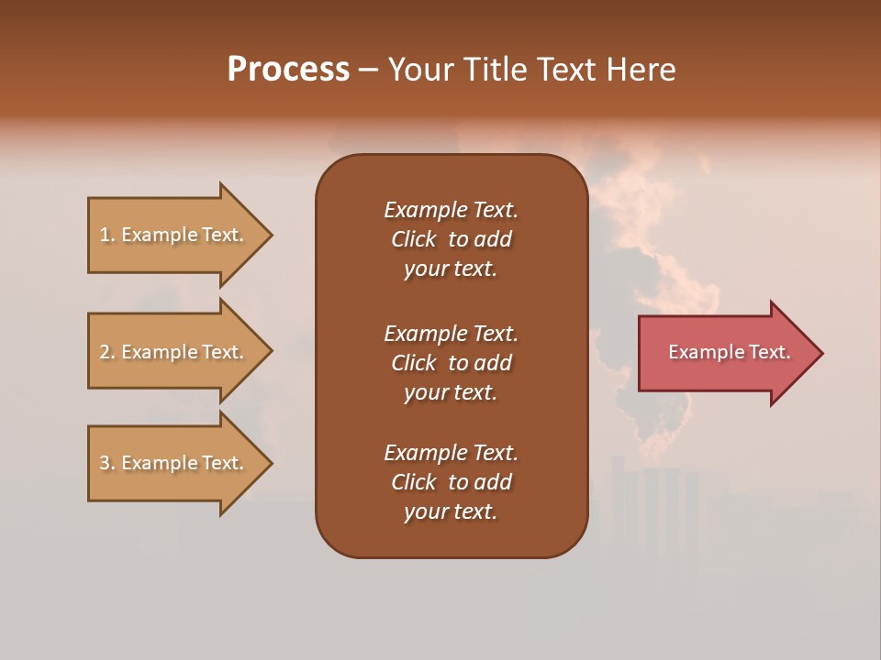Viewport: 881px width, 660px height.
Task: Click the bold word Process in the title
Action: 288,70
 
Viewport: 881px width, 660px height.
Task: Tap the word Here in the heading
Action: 640,70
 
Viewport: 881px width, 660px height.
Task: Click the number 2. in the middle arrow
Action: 107,352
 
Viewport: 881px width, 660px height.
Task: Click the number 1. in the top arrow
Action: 107,235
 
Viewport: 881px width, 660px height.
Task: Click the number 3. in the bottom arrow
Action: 107,463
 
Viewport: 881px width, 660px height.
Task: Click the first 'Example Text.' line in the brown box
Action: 451,210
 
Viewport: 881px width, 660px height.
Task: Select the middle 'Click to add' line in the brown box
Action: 451,363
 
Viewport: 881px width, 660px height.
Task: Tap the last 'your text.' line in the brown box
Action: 451,512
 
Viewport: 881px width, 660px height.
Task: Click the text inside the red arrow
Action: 729,352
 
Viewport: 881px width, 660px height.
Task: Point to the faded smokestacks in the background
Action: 656,513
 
